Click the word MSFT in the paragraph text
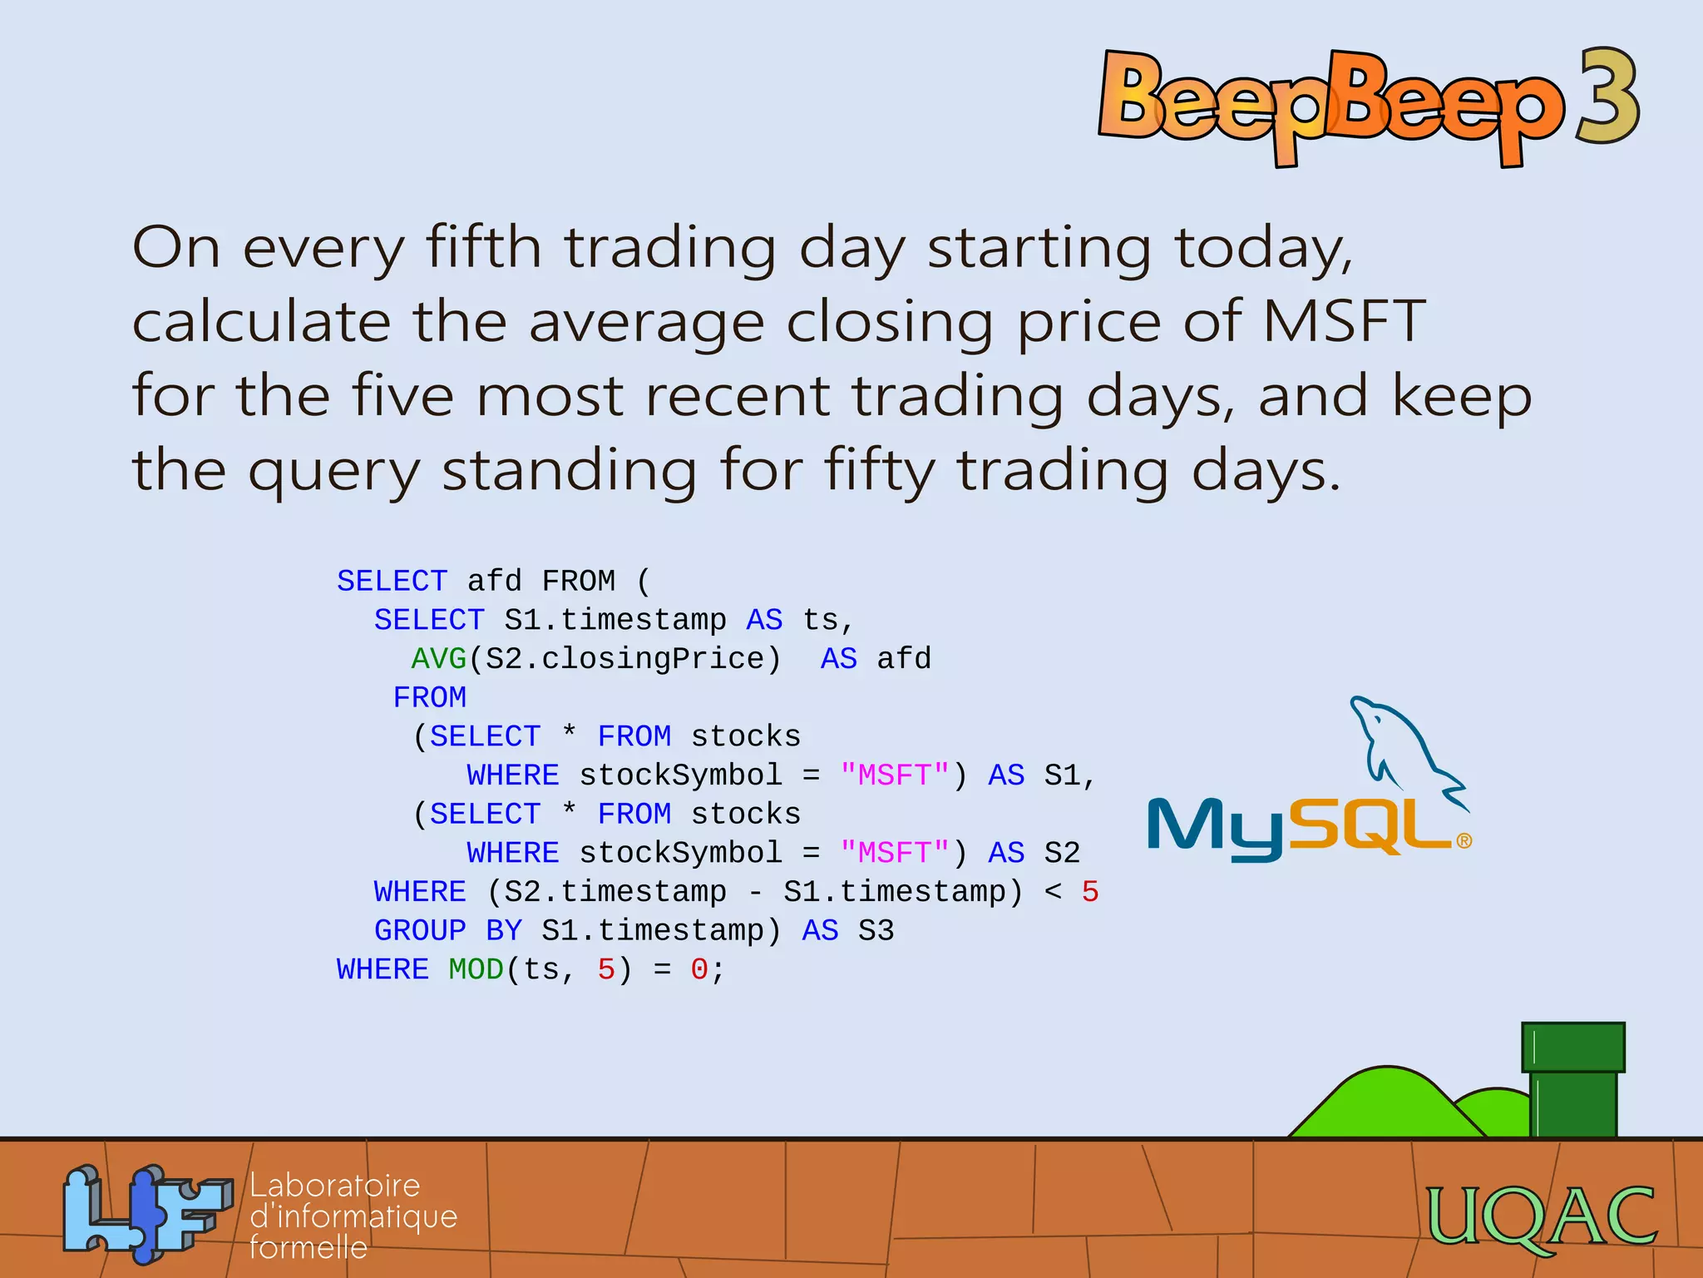tap(1344, 321)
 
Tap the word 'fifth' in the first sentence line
tap(483, 247)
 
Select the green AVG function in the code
tap(438, 659)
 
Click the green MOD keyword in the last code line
tap(476, 969)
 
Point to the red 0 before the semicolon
tap(698, 969)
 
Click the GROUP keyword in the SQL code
tap(420, 930)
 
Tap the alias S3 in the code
tap(876, 930)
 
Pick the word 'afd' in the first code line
tap(494, 581)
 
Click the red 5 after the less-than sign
tap(1090, 892)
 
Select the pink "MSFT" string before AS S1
tap(895, 775)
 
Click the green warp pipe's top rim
tap(1572, 1048)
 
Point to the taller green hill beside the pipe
tap(1387, 1102)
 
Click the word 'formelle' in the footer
tap(309, 1247)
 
